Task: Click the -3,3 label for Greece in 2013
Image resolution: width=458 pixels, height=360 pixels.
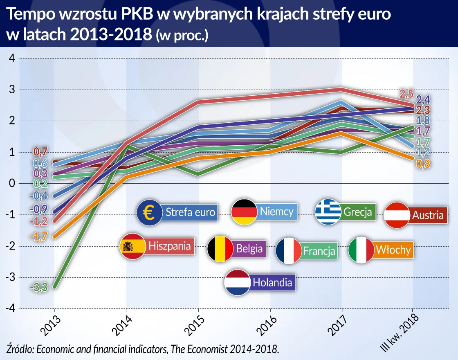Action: click(39, 288)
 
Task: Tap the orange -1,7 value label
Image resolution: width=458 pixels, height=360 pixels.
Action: click(39, 236)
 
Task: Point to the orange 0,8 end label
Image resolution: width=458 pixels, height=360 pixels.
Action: click(424, 164)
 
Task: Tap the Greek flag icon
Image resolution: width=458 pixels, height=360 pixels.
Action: click(328, 212)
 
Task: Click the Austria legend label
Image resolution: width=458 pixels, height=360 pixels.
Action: click(428, 215)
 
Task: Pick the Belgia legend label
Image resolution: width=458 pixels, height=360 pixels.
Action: click(249, 248)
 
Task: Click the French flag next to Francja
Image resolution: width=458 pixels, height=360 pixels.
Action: click(289, 250)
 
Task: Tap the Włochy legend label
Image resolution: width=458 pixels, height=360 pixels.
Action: click(393, 250)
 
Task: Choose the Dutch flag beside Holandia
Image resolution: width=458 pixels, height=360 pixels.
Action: click(237, 282)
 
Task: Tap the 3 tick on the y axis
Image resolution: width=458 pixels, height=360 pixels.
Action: click(12, 90)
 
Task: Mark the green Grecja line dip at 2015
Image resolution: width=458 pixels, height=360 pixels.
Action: click(198, 174)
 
